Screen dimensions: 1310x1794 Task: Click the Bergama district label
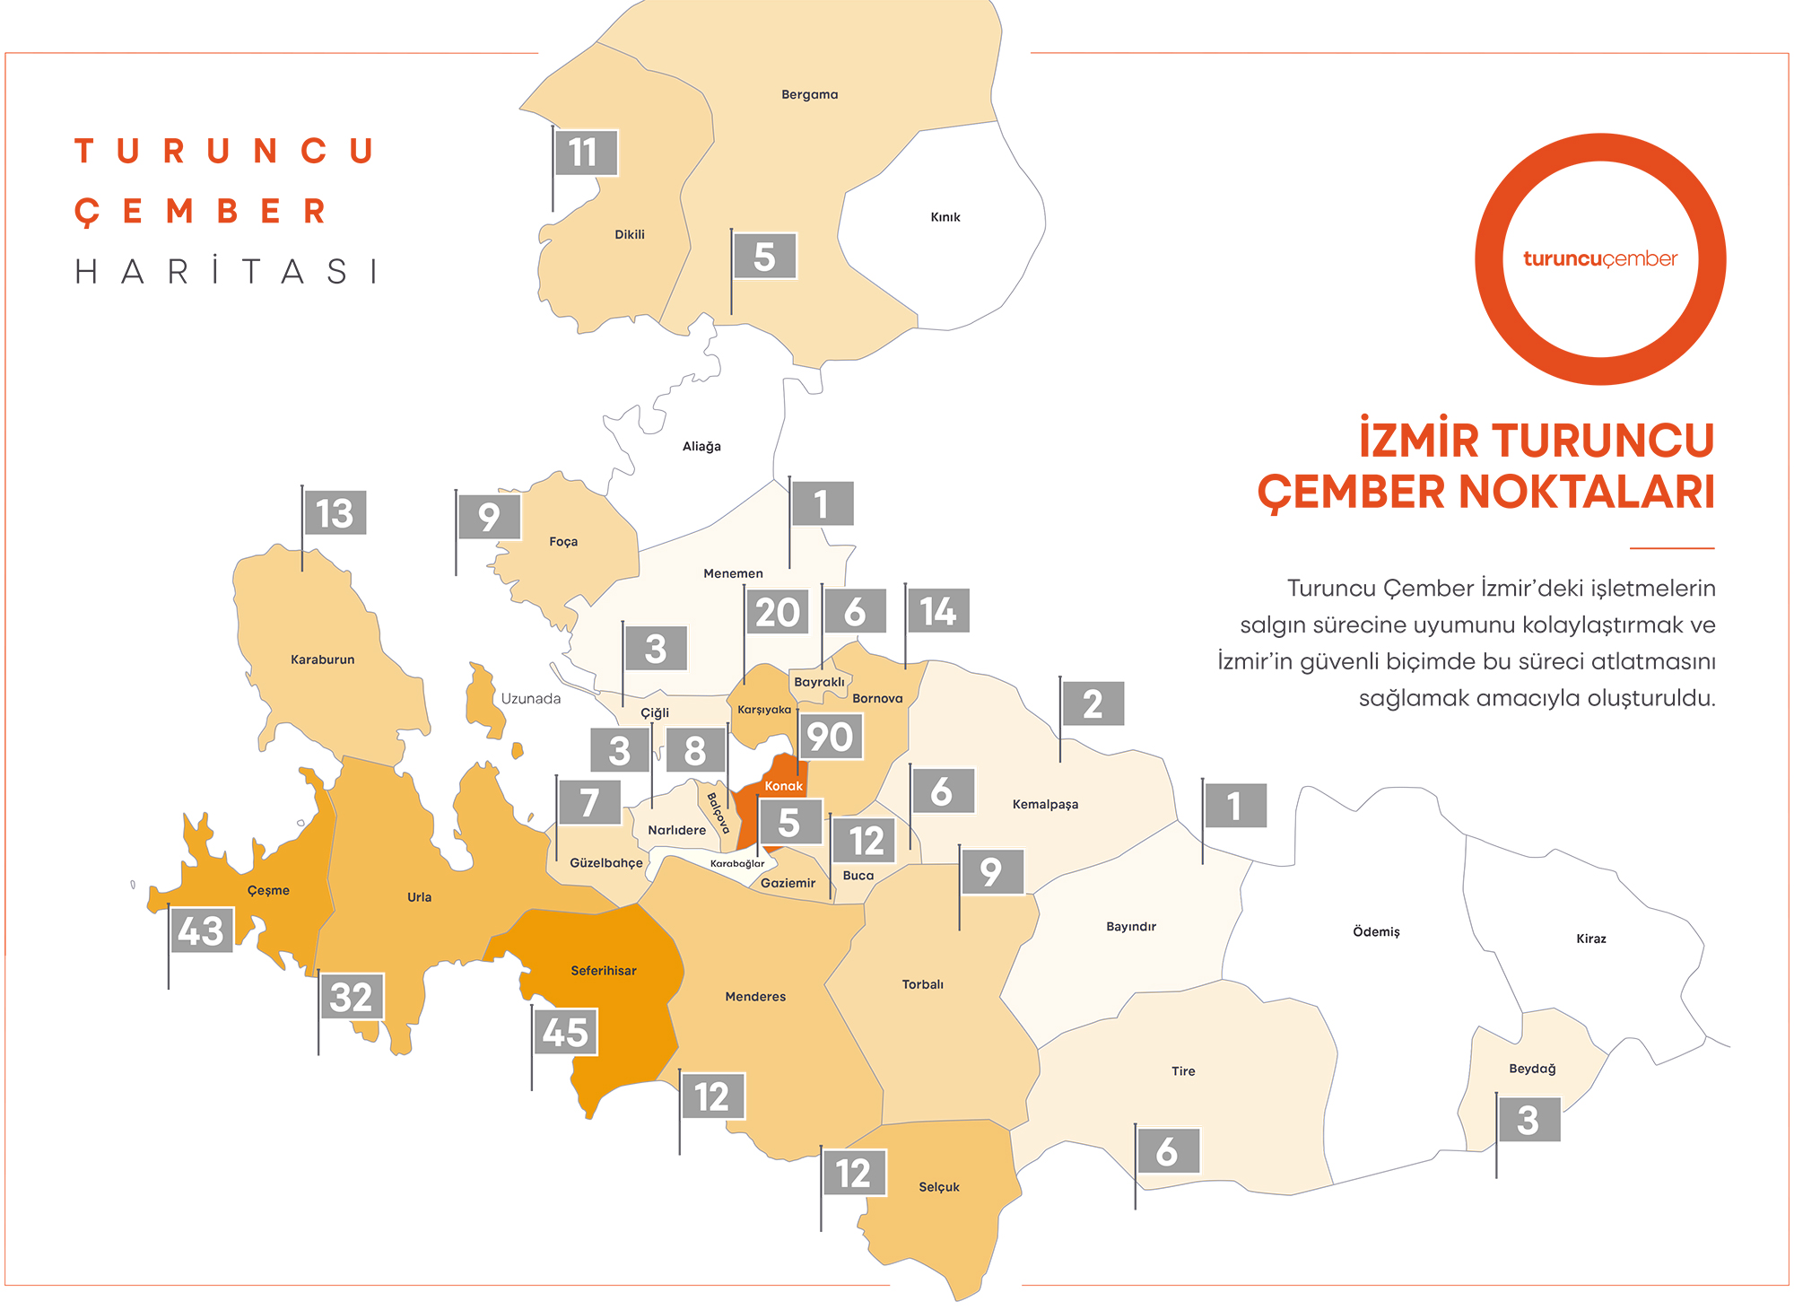click(x=809, y=94)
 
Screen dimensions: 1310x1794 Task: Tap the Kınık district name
click(x=945, y=217)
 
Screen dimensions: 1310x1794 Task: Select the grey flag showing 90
click(x=830, y=737)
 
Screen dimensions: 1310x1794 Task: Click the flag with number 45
click(x=565, y=1032)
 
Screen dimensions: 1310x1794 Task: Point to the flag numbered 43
click(x=201, y=930)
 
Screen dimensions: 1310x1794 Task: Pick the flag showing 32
click(x=351, y=997)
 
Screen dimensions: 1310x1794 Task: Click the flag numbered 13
click(x=334, y=513)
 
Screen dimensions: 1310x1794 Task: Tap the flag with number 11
click(x=585, y=153)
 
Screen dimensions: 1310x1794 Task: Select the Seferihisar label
click(x=604, y=971)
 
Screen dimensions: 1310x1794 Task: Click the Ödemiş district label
click(x=1376, y=932)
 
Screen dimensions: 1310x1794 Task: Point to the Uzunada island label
click(x=531, y=699)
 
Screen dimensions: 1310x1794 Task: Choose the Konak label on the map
click(x=784, y=786)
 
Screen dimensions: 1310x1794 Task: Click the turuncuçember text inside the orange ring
click(x=1600, y=259)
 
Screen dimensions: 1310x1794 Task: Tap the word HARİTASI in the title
click(x=226, y=271)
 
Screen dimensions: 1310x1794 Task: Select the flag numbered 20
click(x=777, y=612)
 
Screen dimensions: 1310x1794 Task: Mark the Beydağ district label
click(x=1532, y=1069)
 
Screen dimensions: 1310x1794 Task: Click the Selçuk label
click(x=939, y=1187)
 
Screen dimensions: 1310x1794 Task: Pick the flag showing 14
click(x=937, y=611)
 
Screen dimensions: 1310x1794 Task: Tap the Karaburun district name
click(x=323, y=659)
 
